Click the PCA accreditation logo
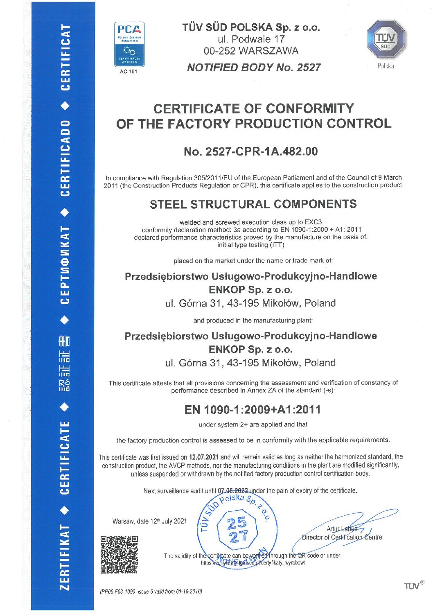pyautogui.click(x=129, y=44)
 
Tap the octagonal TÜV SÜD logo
pyautogui.click(x=386, y=40)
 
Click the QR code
pyautogui.click(x=119, y=554)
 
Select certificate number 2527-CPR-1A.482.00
pyautogui.click(x=250, y=151)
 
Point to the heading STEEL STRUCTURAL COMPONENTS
pyautogui.click(x=253, y=204)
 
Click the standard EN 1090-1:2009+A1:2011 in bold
pyautogui.click(x=253, y=409)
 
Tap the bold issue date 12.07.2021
pyautogui.click(x=203, y=457)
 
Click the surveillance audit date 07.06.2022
pyautogui.click(x=232, y=490)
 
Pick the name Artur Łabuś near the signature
pyautogui.click(x=342, y=529)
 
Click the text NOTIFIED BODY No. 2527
pyautogui.click(x=254, y=68)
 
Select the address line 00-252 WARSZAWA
pyautogui.click(x=251, y=51)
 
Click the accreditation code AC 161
pyautogui.click(x=129, y=72)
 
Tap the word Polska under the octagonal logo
pyautogui.click(x=386, y=66)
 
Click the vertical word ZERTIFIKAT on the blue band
pyautogui.click(x=65, y=557)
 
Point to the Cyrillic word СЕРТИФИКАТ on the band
pyautogui.click(x=65, y=265)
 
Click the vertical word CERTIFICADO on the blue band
pyautogui.click(x=65, y=158)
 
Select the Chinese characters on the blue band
pyautogui.click(x=65, y=363)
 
